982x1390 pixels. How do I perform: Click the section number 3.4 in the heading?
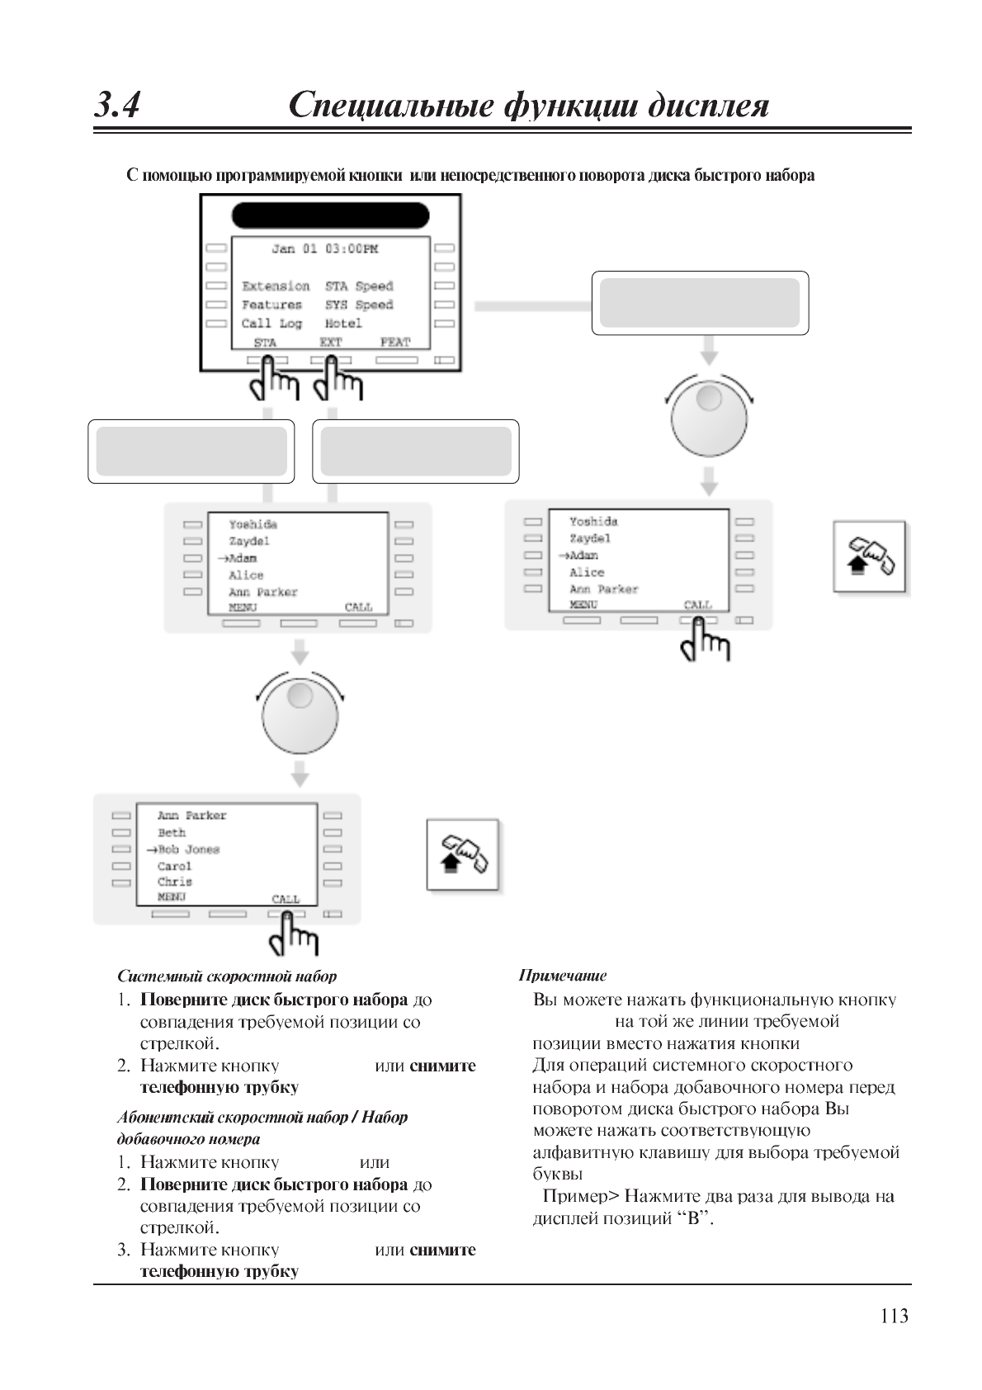(116, 106)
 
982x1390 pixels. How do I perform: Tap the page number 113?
(895, 1316)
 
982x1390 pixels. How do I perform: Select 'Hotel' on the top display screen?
(343, 324)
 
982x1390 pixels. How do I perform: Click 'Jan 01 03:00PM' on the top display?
(325, 248)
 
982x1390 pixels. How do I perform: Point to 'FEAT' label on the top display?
(395, 342)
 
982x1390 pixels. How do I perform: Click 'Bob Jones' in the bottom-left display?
(189, 849)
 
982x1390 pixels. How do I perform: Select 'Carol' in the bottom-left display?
(174, 866)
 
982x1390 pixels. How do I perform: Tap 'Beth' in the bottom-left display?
(172, 833)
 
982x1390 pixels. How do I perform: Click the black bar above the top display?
(330, 215)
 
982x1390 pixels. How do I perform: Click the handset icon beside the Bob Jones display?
(463, 856)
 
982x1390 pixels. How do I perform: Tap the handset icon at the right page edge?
(870, 557)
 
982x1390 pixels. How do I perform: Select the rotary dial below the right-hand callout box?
(709, 416)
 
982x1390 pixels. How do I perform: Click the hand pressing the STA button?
(272, 380)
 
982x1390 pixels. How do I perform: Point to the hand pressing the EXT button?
(338, 380)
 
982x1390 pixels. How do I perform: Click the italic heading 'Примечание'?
(562, 976)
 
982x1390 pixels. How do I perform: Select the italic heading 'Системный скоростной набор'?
(227, 976)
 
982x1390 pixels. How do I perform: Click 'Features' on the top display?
(271, 305)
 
